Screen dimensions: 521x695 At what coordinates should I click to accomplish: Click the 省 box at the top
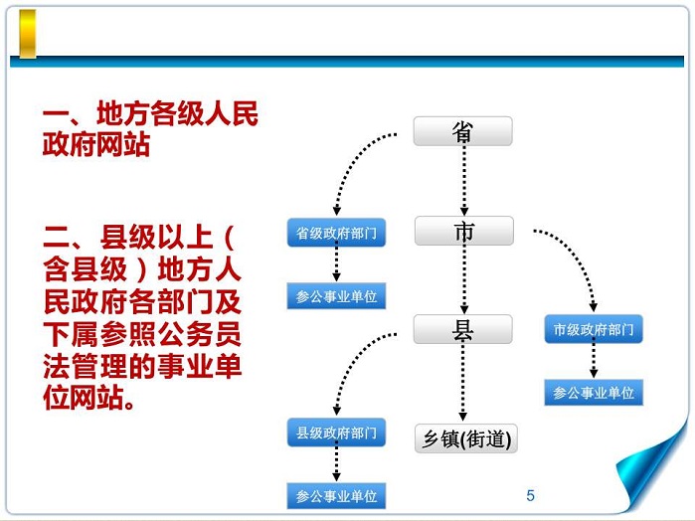coord(462,132)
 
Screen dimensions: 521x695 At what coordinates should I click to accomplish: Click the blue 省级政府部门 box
coord(336,234)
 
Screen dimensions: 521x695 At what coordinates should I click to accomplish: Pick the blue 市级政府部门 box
coord(594,329)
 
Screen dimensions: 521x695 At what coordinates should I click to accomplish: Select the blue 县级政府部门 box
coord(336,433)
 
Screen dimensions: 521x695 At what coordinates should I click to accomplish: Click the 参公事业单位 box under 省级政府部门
coord(336,296)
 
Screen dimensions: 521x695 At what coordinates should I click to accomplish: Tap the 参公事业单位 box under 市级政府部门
coord(594,393)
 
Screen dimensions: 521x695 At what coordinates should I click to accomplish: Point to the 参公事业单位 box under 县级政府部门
coord(336,495)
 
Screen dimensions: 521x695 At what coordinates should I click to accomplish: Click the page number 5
coord(530,495)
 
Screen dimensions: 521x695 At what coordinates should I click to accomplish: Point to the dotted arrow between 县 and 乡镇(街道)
coord(463,383)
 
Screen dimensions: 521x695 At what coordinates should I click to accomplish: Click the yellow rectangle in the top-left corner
coord(28,34)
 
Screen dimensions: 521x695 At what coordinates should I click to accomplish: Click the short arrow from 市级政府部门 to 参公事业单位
coord(594,361)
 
